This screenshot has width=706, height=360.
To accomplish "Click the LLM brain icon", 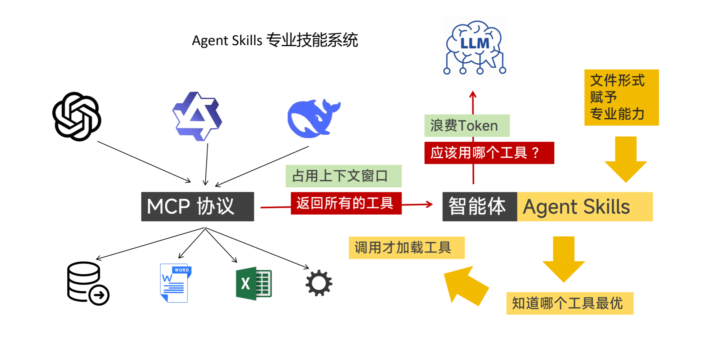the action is tap(475, 47).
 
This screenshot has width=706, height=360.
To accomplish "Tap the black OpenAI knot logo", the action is tap(77, 116).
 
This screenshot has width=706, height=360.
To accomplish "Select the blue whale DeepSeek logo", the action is tap(313, 118).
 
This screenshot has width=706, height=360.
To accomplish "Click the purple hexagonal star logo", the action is tap(197, 116).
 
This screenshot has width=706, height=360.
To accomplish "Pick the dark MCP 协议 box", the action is tap(197, 207).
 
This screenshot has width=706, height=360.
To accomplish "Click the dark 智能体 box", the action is tap(480, 207).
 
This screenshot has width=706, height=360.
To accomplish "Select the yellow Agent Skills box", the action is tap(585, 207).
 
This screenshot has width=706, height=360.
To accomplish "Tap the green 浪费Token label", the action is tap(467, 126).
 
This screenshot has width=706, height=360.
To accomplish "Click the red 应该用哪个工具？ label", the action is tap(489, 153).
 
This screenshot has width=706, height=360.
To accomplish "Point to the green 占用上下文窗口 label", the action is tap(344, 176).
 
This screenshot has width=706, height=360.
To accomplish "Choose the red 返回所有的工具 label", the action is tap(346, 203).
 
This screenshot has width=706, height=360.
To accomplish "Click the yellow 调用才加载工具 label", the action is tap(407, 248).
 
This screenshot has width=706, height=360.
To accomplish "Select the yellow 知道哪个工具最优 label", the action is tap(570, 303).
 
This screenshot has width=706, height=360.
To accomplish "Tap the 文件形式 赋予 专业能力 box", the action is tap(622, 98).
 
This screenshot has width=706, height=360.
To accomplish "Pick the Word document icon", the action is tap(175, 283).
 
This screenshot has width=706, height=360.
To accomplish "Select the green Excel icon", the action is tap(254, 283).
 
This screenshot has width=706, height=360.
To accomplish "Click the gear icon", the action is tap(319, 283).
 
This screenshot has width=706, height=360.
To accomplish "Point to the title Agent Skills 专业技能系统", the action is tap(275, 40).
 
